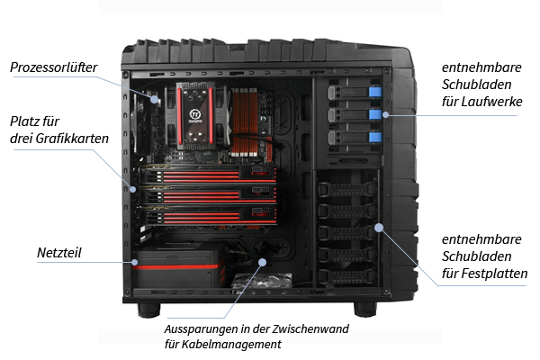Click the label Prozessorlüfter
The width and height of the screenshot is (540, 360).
coord(53,67)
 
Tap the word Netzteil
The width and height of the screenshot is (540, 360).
coord(58,253)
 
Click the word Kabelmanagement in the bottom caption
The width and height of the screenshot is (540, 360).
coord(232,344)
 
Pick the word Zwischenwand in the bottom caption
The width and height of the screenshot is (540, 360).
coord(310,328)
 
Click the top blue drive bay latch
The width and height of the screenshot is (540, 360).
coord(375,92)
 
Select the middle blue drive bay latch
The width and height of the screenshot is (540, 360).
coord(375,114)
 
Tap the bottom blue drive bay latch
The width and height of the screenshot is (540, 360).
coord(375,137)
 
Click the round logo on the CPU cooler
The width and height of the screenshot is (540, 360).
coord(195,114)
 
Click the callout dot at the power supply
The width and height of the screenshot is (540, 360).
coord(135,262)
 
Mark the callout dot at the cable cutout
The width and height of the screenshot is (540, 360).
coord(263,262)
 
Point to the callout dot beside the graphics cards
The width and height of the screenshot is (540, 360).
coord(133,189)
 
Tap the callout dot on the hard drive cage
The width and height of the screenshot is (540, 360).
coord(379,228)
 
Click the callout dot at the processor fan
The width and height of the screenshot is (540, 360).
coord(156,100)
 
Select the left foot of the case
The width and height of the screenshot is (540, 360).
coord(149,310)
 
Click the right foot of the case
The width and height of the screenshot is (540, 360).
coord(365,310)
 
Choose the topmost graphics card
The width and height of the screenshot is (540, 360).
coord(208,175)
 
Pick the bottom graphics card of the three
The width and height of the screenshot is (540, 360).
coord(208,215)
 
